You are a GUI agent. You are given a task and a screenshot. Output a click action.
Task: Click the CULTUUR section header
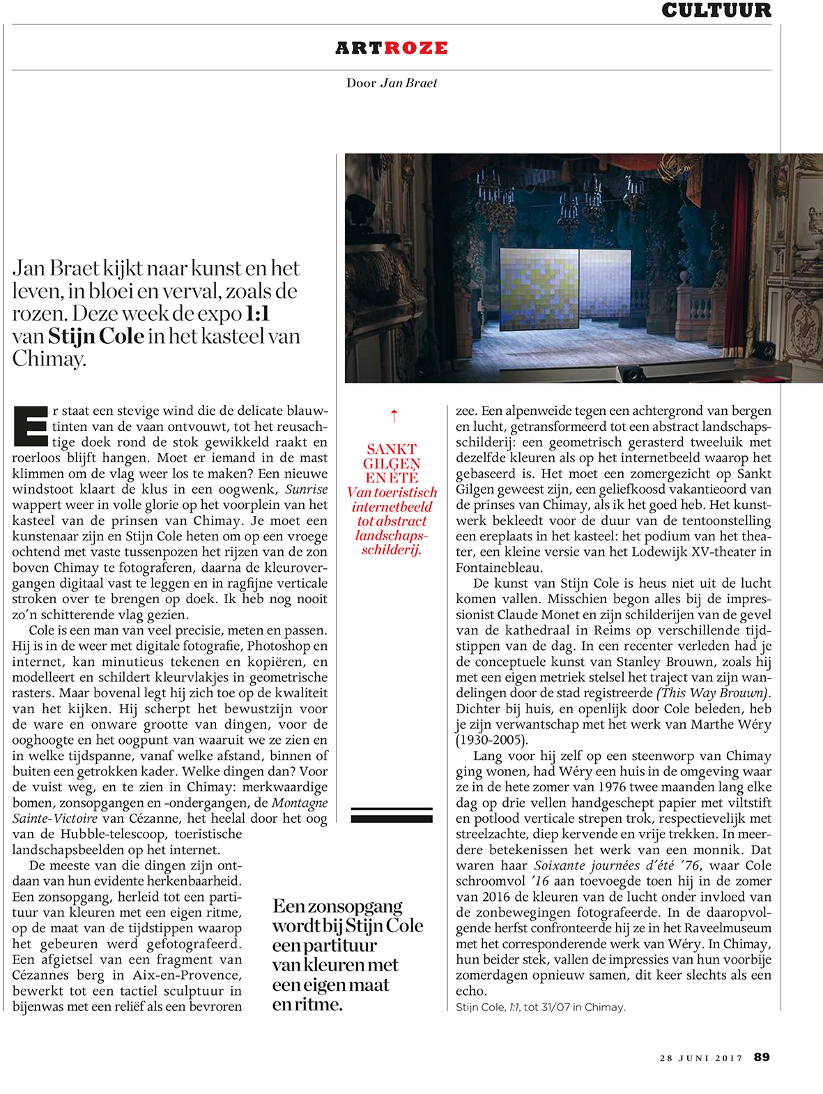pyautogui.click(x=716, y=10)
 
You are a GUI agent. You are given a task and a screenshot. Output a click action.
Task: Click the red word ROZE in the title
pyautogui.click(x=415, y=48)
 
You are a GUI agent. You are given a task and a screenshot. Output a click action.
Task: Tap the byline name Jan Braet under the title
pyautogui.click(x=409, y=83)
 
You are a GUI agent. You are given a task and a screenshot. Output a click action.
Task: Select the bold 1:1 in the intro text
pyautogui.click(x=257, y=314)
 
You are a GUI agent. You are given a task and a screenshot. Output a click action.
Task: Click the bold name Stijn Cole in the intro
pyautogui.click(x=96, y=337)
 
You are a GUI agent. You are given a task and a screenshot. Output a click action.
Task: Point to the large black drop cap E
pyautogui.click(x=31, y=425)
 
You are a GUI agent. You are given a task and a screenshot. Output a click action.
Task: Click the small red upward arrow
pyautogui.click(x=394, y=416)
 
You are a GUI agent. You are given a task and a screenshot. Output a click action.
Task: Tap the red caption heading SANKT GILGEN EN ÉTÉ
pyautogui.click(x=392, y=463)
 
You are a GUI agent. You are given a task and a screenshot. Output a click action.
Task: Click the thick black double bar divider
pyautogui.click(x=392, y=814)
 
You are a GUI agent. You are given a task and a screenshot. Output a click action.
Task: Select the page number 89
pyautogui.click(x=762, y=1057)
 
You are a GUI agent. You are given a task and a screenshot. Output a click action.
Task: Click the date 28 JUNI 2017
pyautogui.click(x=701, y=1058)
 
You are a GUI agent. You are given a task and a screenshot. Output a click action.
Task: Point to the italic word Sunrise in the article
pyautogui.click(x=306, y=489)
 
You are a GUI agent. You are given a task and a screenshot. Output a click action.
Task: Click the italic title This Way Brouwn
pyautogui.click(x=712, y=693)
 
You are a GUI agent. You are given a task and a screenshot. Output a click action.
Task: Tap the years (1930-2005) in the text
pyautogui.click(x=492, y=740)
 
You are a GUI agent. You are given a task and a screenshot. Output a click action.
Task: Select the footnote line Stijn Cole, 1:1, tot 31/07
pyautogui.click(x=540, y=1007)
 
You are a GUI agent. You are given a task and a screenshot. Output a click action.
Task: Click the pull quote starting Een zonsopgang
pyautogui.click(x=347, y=955)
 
